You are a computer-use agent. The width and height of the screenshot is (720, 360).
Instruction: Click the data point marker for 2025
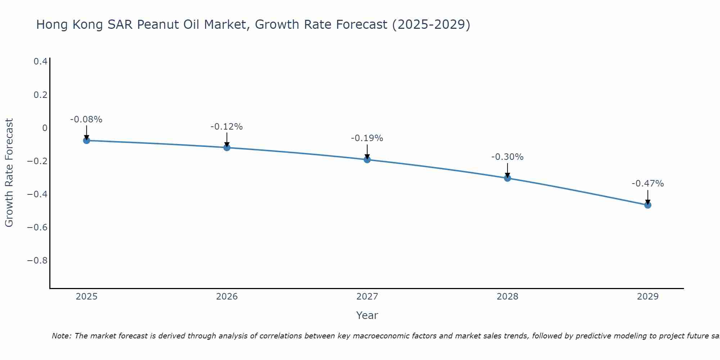[86, 140]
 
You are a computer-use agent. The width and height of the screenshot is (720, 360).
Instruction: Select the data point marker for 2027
[367, 159]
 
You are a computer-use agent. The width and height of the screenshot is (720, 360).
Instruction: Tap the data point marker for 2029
[648, 205]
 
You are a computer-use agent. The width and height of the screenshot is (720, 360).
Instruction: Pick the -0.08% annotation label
[86, 120]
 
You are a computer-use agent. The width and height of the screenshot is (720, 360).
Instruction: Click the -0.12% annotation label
[226, 127]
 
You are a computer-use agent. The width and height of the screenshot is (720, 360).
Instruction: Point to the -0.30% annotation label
[507, 157]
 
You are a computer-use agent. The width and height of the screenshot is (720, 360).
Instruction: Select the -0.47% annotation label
[648, 184]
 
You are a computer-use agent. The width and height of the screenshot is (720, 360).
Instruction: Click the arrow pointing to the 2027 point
[367, 151]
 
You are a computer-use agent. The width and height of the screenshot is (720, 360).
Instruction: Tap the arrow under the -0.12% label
[227, 139]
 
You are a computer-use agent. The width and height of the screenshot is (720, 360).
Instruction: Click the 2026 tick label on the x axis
[227, 297]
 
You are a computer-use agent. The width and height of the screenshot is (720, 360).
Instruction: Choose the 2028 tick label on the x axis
[507, 297]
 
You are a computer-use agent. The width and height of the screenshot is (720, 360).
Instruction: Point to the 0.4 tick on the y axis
[40, 62]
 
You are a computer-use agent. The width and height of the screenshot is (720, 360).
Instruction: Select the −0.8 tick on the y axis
[37, 260]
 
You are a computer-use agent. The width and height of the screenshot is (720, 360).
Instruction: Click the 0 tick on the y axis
[45, 128]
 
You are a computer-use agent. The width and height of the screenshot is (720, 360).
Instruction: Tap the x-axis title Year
[367, 315]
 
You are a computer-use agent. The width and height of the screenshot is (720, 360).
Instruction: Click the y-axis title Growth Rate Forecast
[9, 173]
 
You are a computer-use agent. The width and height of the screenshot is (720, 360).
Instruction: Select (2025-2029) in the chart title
[431, 24]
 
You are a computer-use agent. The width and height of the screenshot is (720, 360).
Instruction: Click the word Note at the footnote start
[62, 336]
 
